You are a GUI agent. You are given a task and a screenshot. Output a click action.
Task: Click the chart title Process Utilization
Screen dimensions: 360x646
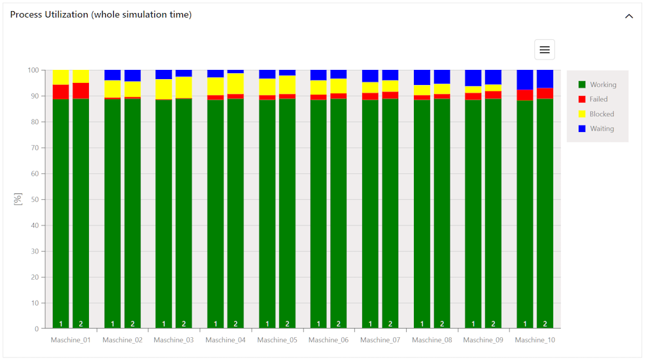[101, 14]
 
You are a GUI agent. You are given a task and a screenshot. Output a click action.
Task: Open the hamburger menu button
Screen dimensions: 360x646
[544, 50]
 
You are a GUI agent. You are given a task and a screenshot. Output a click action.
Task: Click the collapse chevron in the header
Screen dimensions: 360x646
[628, 16]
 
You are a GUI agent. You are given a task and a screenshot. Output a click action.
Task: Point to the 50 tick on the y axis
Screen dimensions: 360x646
[35, 199]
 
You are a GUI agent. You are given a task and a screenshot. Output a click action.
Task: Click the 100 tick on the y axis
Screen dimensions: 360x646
[33, 70]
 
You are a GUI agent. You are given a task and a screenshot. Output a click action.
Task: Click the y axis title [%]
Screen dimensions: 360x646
[18, 199]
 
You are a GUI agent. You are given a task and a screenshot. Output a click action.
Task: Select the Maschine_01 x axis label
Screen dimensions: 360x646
[71, 340]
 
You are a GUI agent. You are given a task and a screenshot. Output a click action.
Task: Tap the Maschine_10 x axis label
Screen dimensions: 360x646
[535, 340]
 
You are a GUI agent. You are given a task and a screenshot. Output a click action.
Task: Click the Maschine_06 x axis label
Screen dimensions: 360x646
[328, 340]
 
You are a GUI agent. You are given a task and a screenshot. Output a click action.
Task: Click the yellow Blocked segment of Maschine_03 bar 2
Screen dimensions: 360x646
[184, 87]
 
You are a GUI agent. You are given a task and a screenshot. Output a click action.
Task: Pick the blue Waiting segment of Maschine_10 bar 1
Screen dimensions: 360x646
[525, 79]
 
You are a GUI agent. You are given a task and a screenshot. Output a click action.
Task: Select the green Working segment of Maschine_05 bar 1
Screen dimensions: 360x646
[267, 209]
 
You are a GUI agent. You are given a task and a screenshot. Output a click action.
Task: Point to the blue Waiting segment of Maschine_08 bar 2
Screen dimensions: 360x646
[442, 76]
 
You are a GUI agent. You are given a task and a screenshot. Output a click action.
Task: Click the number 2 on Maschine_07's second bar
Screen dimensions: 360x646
[390, 323]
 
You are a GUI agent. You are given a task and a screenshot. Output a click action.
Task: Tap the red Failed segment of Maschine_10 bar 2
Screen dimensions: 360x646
[545, 93]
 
